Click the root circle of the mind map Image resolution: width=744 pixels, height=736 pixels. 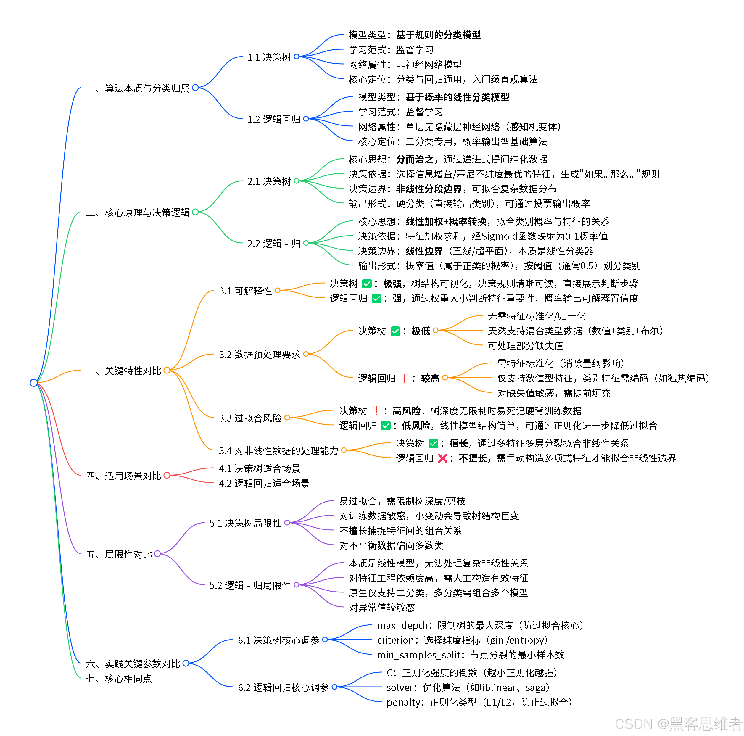(x=33, y=382)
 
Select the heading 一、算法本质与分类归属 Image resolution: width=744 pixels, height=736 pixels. (x=138, y=88)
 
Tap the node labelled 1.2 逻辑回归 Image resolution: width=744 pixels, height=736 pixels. (x=273, y=119)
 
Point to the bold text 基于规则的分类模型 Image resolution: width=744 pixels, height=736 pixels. (x=438, y=35)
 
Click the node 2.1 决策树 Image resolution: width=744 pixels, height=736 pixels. (x=269, y=181)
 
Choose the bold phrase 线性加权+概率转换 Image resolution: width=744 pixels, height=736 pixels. (x=446, y=221)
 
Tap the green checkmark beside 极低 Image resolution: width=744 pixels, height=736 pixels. (x=395, y=331)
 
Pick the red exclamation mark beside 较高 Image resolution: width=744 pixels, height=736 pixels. (x=404, y=378)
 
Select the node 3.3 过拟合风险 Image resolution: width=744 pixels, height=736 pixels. (x=250, y=418)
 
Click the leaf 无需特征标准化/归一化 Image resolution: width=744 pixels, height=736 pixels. (x=537, y=316)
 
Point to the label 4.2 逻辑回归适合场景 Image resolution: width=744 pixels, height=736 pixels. (x=264, y=483)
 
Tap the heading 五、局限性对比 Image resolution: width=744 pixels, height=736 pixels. (x=119, y=554)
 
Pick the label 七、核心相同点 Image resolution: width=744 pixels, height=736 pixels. (x=119, y=678)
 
